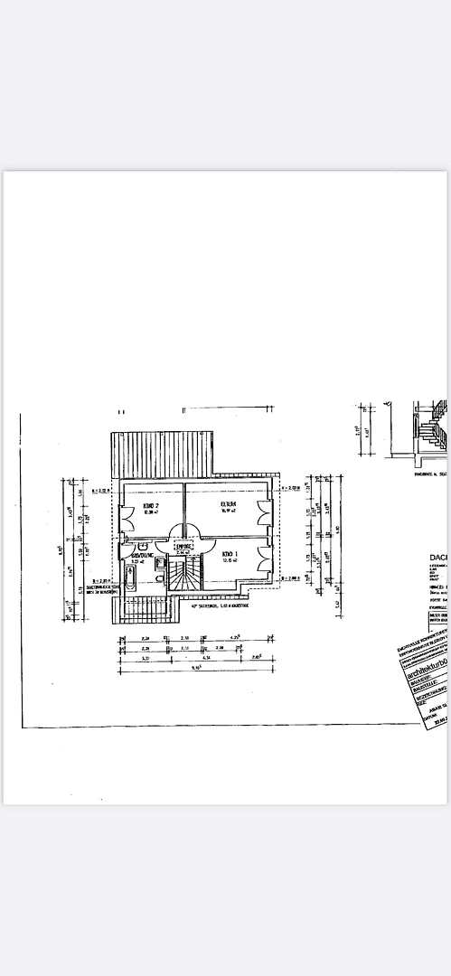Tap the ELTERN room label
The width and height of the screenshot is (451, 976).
(228, 503)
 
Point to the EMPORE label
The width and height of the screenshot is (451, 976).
(184, 546)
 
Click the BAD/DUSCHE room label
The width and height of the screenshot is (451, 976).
(142, 556)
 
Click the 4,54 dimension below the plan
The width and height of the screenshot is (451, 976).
(207, 658)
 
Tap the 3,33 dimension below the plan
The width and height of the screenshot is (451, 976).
(146, 658)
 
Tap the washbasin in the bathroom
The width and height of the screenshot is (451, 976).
(143, 548)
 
